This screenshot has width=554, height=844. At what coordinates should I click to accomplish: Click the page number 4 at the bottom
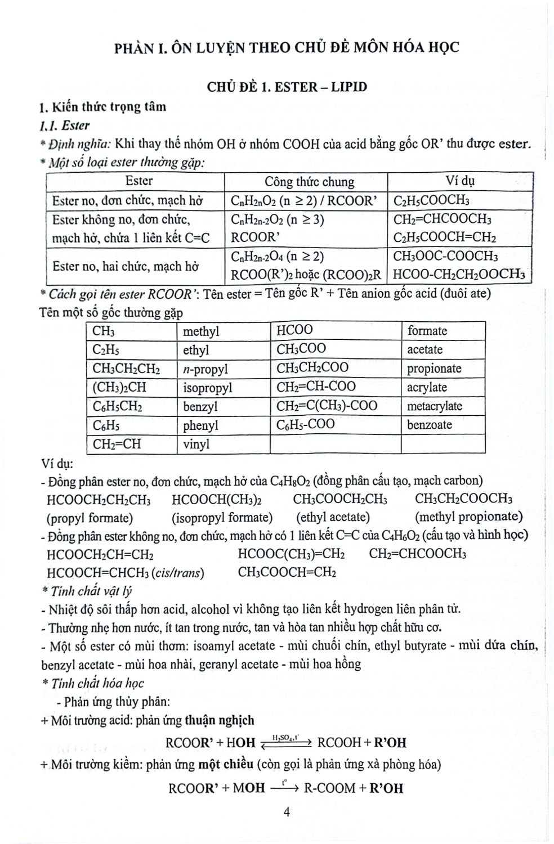287,812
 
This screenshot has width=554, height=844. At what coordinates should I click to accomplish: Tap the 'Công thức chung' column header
309,182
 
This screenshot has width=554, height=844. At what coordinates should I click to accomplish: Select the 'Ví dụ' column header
459,181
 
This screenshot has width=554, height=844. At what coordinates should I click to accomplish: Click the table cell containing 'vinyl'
196,445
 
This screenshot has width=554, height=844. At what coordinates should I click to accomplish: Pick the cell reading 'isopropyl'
207,388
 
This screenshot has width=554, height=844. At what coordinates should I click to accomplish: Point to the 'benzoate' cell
430,425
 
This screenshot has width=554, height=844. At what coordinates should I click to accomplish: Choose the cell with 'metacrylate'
435,406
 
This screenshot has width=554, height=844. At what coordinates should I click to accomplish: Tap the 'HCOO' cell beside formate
294,330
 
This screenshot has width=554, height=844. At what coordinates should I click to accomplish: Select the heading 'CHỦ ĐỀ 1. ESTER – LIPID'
287,87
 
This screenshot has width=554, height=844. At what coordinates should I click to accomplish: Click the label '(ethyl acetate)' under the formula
333,517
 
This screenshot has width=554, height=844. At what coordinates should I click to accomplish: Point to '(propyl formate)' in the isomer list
90,518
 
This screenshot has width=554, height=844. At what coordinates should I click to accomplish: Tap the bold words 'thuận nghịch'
220,721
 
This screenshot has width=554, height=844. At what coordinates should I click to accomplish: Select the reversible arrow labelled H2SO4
286,742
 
